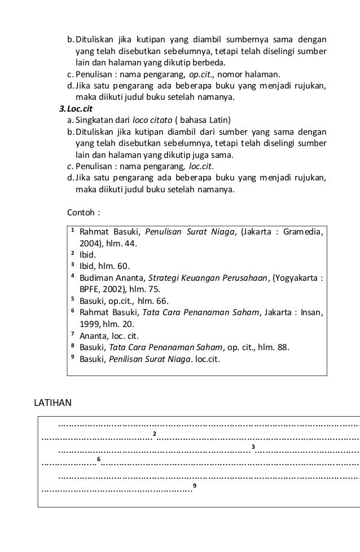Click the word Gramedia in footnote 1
(x=302, y=232)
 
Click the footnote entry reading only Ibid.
(x=87, y=254)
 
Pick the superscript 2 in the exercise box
(x=154, y=433)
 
